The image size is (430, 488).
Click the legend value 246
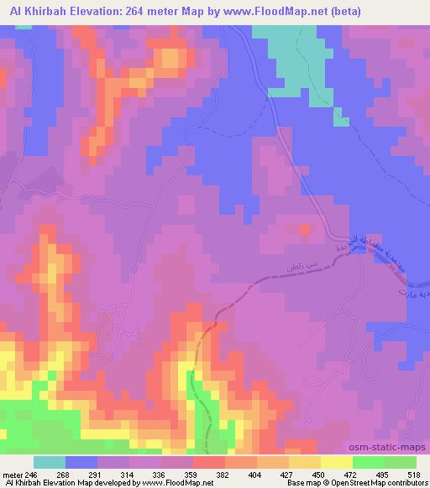[x=32, y=474]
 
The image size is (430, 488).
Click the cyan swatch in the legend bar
[x=50, y=462]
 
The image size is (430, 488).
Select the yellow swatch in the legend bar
[x=336, y=462]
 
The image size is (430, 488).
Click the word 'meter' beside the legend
[x=13, y=474]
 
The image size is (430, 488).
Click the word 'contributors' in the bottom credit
[x=402, y=484]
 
